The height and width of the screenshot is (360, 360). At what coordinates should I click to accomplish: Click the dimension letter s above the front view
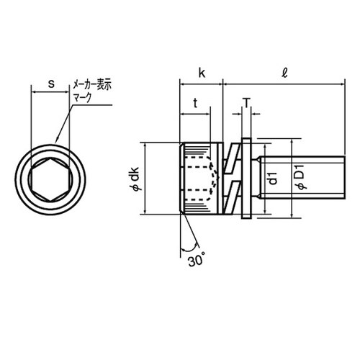tap(51, 84)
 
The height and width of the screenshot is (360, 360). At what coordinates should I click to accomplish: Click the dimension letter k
tap(202, 73)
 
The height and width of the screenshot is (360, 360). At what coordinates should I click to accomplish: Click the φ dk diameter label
tap(134, 178)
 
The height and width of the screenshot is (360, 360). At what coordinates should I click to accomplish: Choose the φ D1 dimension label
tap(302, 178)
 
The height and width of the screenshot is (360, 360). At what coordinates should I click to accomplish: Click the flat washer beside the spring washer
tap(246, 178)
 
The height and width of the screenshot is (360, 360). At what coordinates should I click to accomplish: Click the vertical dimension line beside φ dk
tap(146, 178)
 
